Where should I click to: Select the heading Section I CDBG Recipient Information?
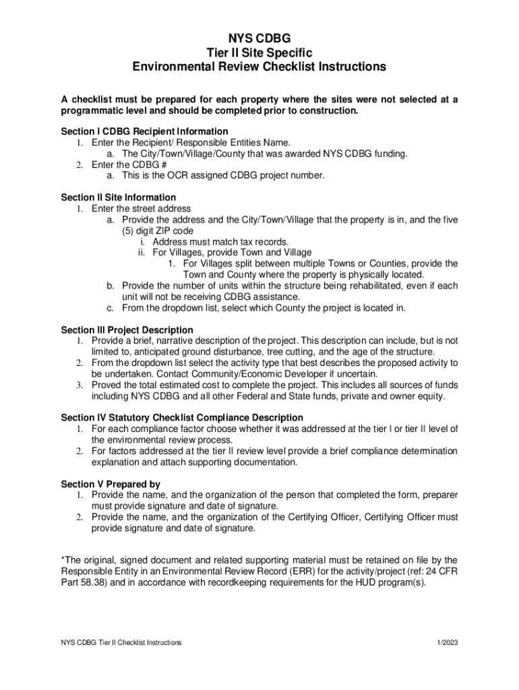tap(144, 131)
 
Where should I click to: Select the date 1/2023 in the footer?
tap(447, 643)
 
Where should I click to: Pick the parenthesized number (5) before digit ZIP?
tap(129, 230)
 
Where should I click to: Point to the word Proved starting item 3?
tap(108, 385)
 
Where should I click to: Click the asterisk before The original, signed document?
tap(63, 560)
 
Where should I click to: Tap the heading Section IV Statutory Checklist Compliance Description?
tap(181, 418)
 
